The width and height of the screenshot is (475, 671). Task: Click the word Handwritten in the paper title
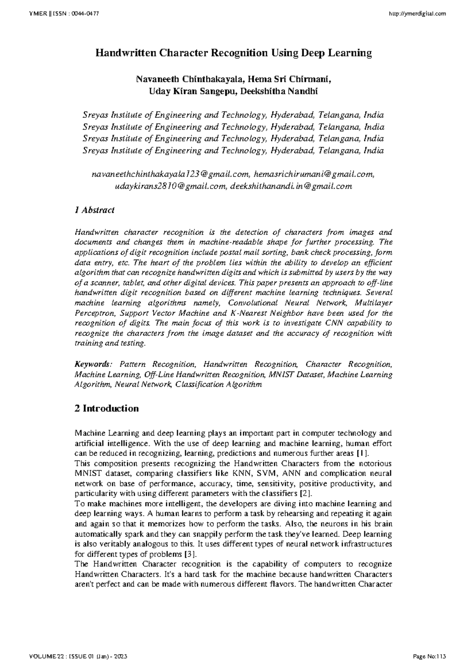click(x=125, y=53)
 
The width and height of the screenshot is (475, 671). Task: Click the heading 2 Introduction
click(x=106, y=408)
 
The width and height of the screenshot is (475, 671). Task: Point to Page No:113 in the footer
click(x=429, y=657)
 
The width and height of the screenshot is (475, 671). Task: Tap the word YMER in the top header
click(x=36, y=14)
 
